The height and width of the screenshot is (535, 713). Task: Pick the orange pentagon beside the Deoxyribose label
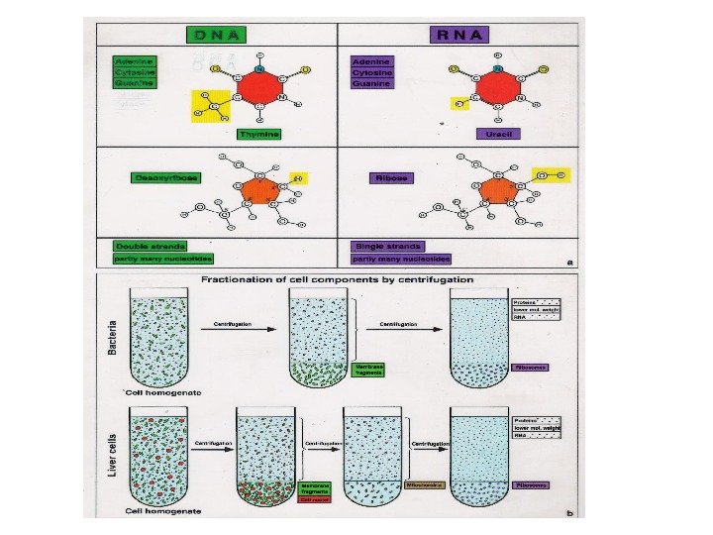261,190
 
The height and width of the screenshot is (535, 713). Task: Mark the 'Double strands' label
150,245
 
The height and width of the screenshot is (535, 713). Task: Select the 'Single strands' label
387,246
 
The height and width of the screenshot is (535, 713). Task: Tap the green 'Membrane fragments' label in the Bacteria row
366,369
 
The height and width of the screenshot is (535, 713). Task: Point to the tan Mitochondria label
426,485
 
